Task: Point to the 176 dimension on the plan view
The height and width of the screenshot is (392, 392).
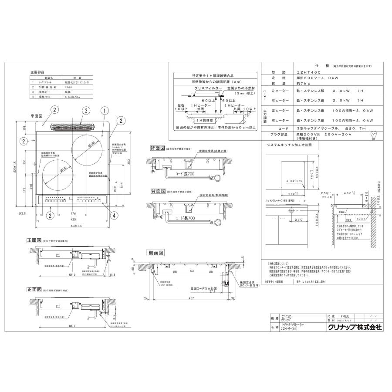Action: point(73,213)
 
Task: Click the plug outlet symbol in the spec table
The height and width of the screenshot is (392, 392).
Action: point(373,135)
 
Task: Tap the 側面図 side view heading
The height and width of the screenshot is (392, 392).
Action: point(155,253)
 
